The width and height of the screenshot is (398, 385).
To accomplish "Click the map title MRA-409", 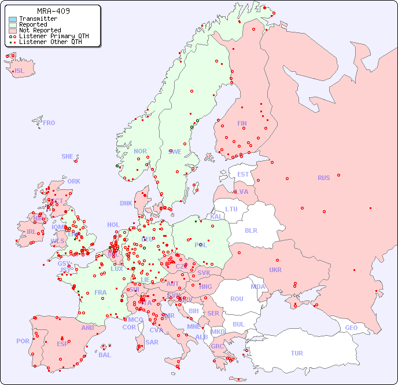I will [x=53, y=11].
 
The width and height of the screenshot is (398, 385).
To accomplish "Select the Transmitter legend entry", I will [x=38, y=19].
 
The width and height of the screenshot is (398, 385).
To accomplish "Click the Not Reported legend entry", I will [x=39, y=30].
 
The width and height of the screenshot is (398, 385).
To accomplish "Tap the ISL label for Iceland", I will [x=20, y=71].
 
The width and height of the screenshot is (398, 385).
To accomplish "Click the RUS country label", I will [x=323, y=178].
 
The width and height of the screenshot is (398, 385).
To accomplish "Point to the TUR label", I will [x=297, y=353].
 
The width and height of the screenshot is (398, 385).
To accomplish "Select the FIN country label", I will [x=242, y=123].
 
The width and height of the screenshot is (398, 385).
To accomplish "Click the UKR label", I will [x=275, y=270].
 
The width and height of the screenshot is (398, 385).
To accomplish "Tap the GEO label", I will [x=351, y=328].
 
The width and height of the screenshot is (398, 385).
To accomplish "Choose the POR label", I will [x=23, y=341].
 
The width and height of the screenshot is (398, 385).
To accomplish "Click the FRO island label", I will [x=49, y=123].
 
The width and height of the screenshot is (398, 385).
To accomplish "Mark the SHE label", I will [x=68, y=156].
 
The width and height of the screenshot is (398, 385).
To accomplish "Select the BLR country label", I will [x=250, y=230].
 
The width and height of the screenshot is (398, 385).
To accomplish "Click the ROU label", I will [x=237, y=299].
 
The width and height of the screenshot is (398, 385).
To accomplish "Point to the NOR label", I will [x=140, y=151].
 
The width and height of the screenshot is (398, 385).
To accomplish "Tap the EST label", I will [x=243, y=174].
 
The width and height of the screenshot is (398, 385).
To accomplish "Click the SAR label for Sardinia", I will [x=152, y=342].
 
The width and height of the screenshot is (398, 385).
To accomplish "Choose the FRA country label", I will [x=101, y=292].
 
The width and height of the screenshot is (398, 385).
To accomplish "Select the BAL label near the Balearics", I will [x=104, y=355].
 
